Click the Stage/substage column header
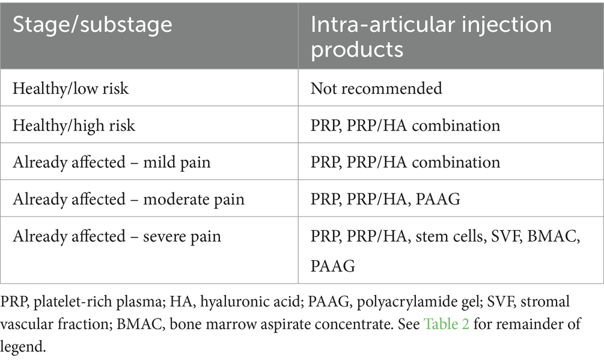coord(93,25)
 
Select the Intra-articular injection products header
coord(431,37)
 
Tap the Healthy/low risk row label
coord(70,88)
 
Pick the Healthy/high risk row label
coord(74,126)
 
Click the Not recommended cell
coord(376,88)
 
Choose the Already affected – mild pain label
coord(112,162)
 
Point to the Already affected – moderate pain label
coord(129,199)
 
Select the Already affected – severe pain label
coord(117,236)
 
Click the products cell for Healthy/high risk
coord(405,126)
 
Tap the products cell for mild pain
coord(405,162)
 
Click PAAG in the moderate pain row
coord(438,199)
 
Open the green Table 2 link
coord(447,324)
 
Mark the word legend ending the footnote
coord(23,346)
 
